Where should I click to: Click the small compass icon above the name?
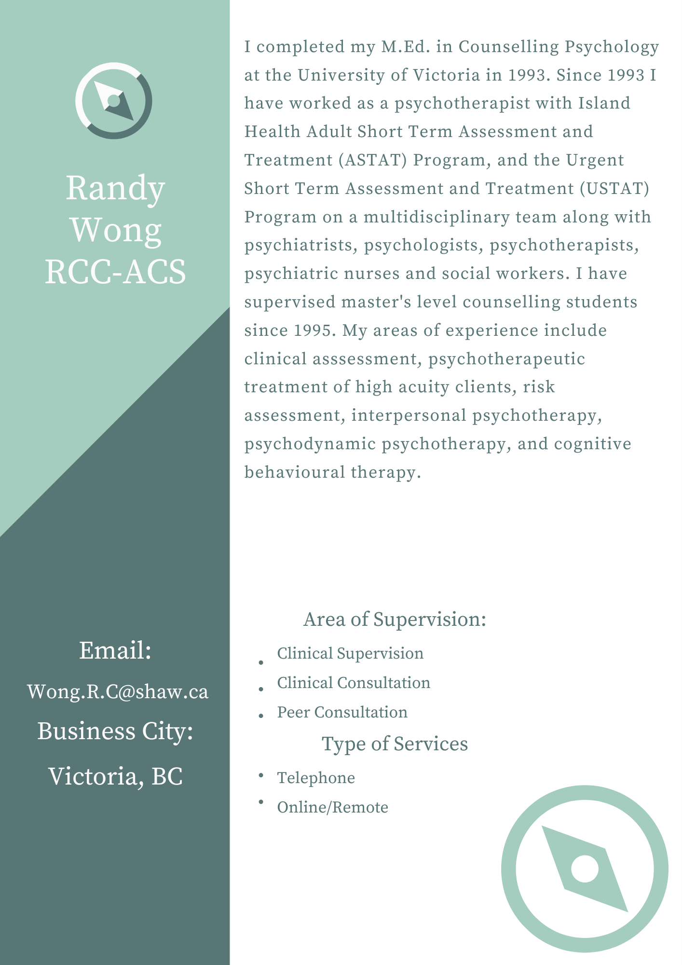(x=114, y=101)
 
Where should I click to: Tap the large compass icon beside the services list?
(x=585, y=868)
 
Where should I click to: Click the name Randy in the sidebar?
(x=115, y=188)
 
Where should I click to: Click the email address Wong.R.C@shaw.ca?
(x=118, y=691)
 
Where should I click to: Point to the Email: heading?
(x=115, y=650)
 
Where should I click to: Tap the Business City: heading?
(x=115, y=731)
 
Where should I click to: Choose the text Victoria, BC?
(x=115, y=776)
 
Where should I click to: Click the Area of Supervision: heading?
(x=395, y=619)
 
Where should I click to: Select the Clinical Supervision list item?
(x=350, y=653)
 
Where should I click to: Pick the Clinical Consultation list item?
(x=354, y=683)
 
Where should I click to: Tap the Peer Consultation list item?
(x=342, y=712)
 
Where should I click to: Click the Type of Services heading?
(x=395, y=744)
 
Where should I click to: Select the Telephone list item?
(x=316, y=778)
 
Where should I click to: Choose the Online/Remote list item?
(x=332, y=807)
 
